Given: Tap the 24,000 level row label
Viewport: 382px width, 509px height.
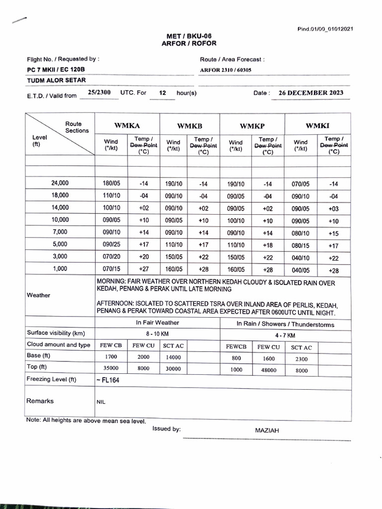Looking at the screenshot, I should point(60,183).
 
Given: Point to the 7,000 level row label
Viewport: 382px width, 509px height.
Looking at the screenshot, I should point(60,232).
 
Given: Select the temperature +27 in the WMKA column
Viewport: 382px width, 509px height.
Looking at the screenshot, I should point(143,269).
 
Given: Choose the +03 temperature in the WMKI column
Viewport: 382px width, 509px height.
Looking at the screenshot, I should point(333,208).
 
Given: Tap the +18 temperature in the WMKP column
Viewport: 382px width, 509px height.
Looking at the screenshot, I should point(268,245).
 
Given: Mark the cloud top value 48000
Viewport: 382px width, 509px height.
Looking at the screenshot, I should point(269,370).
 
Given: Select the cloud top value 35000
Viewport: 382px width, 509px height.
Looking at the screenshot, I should point(110,369).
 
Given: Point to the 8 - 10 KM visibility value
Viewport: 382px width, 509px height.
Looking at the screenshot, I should point(158,335).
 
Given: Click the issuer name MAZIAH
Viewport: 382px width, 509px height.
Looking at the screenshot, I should point(268,431).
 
